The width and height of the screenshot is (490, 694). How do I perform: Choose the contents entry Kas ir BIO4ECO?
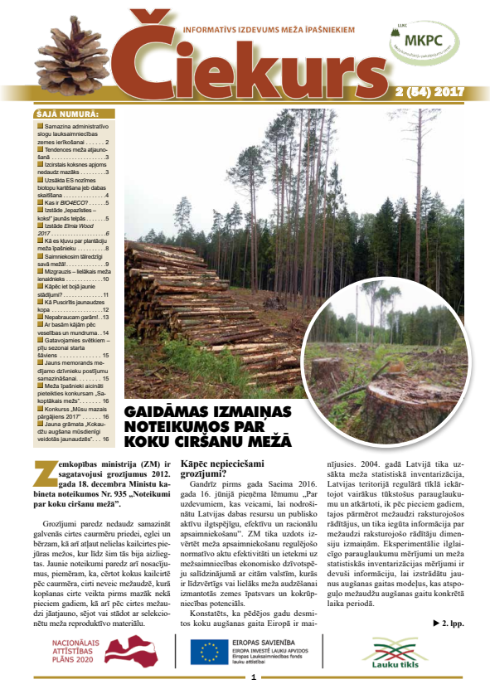point(73,202)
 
